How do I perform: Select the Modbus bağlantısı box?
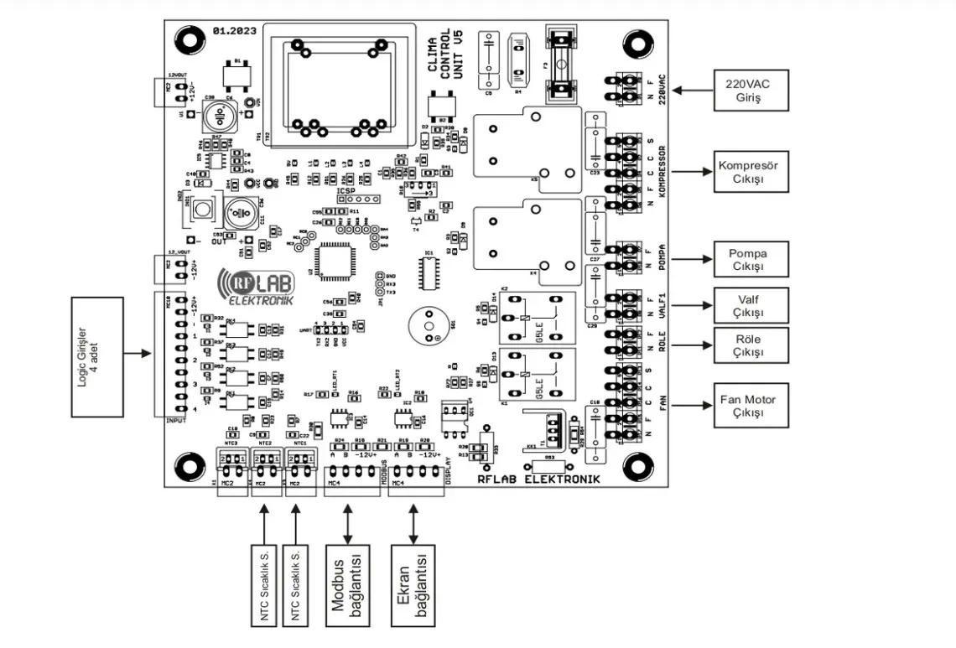[x=348, y=587]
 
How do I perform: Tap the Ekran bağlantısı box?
[x=413, y=587]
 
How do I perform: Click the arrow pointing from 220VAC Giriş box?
[x=694, y=87]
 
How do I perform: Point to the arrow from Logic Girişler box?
[x=139, y=353]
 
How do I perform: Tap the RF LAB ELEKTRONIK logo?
[x=255, y=287]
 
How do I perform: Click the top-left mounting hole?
[x=187, y=41]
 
